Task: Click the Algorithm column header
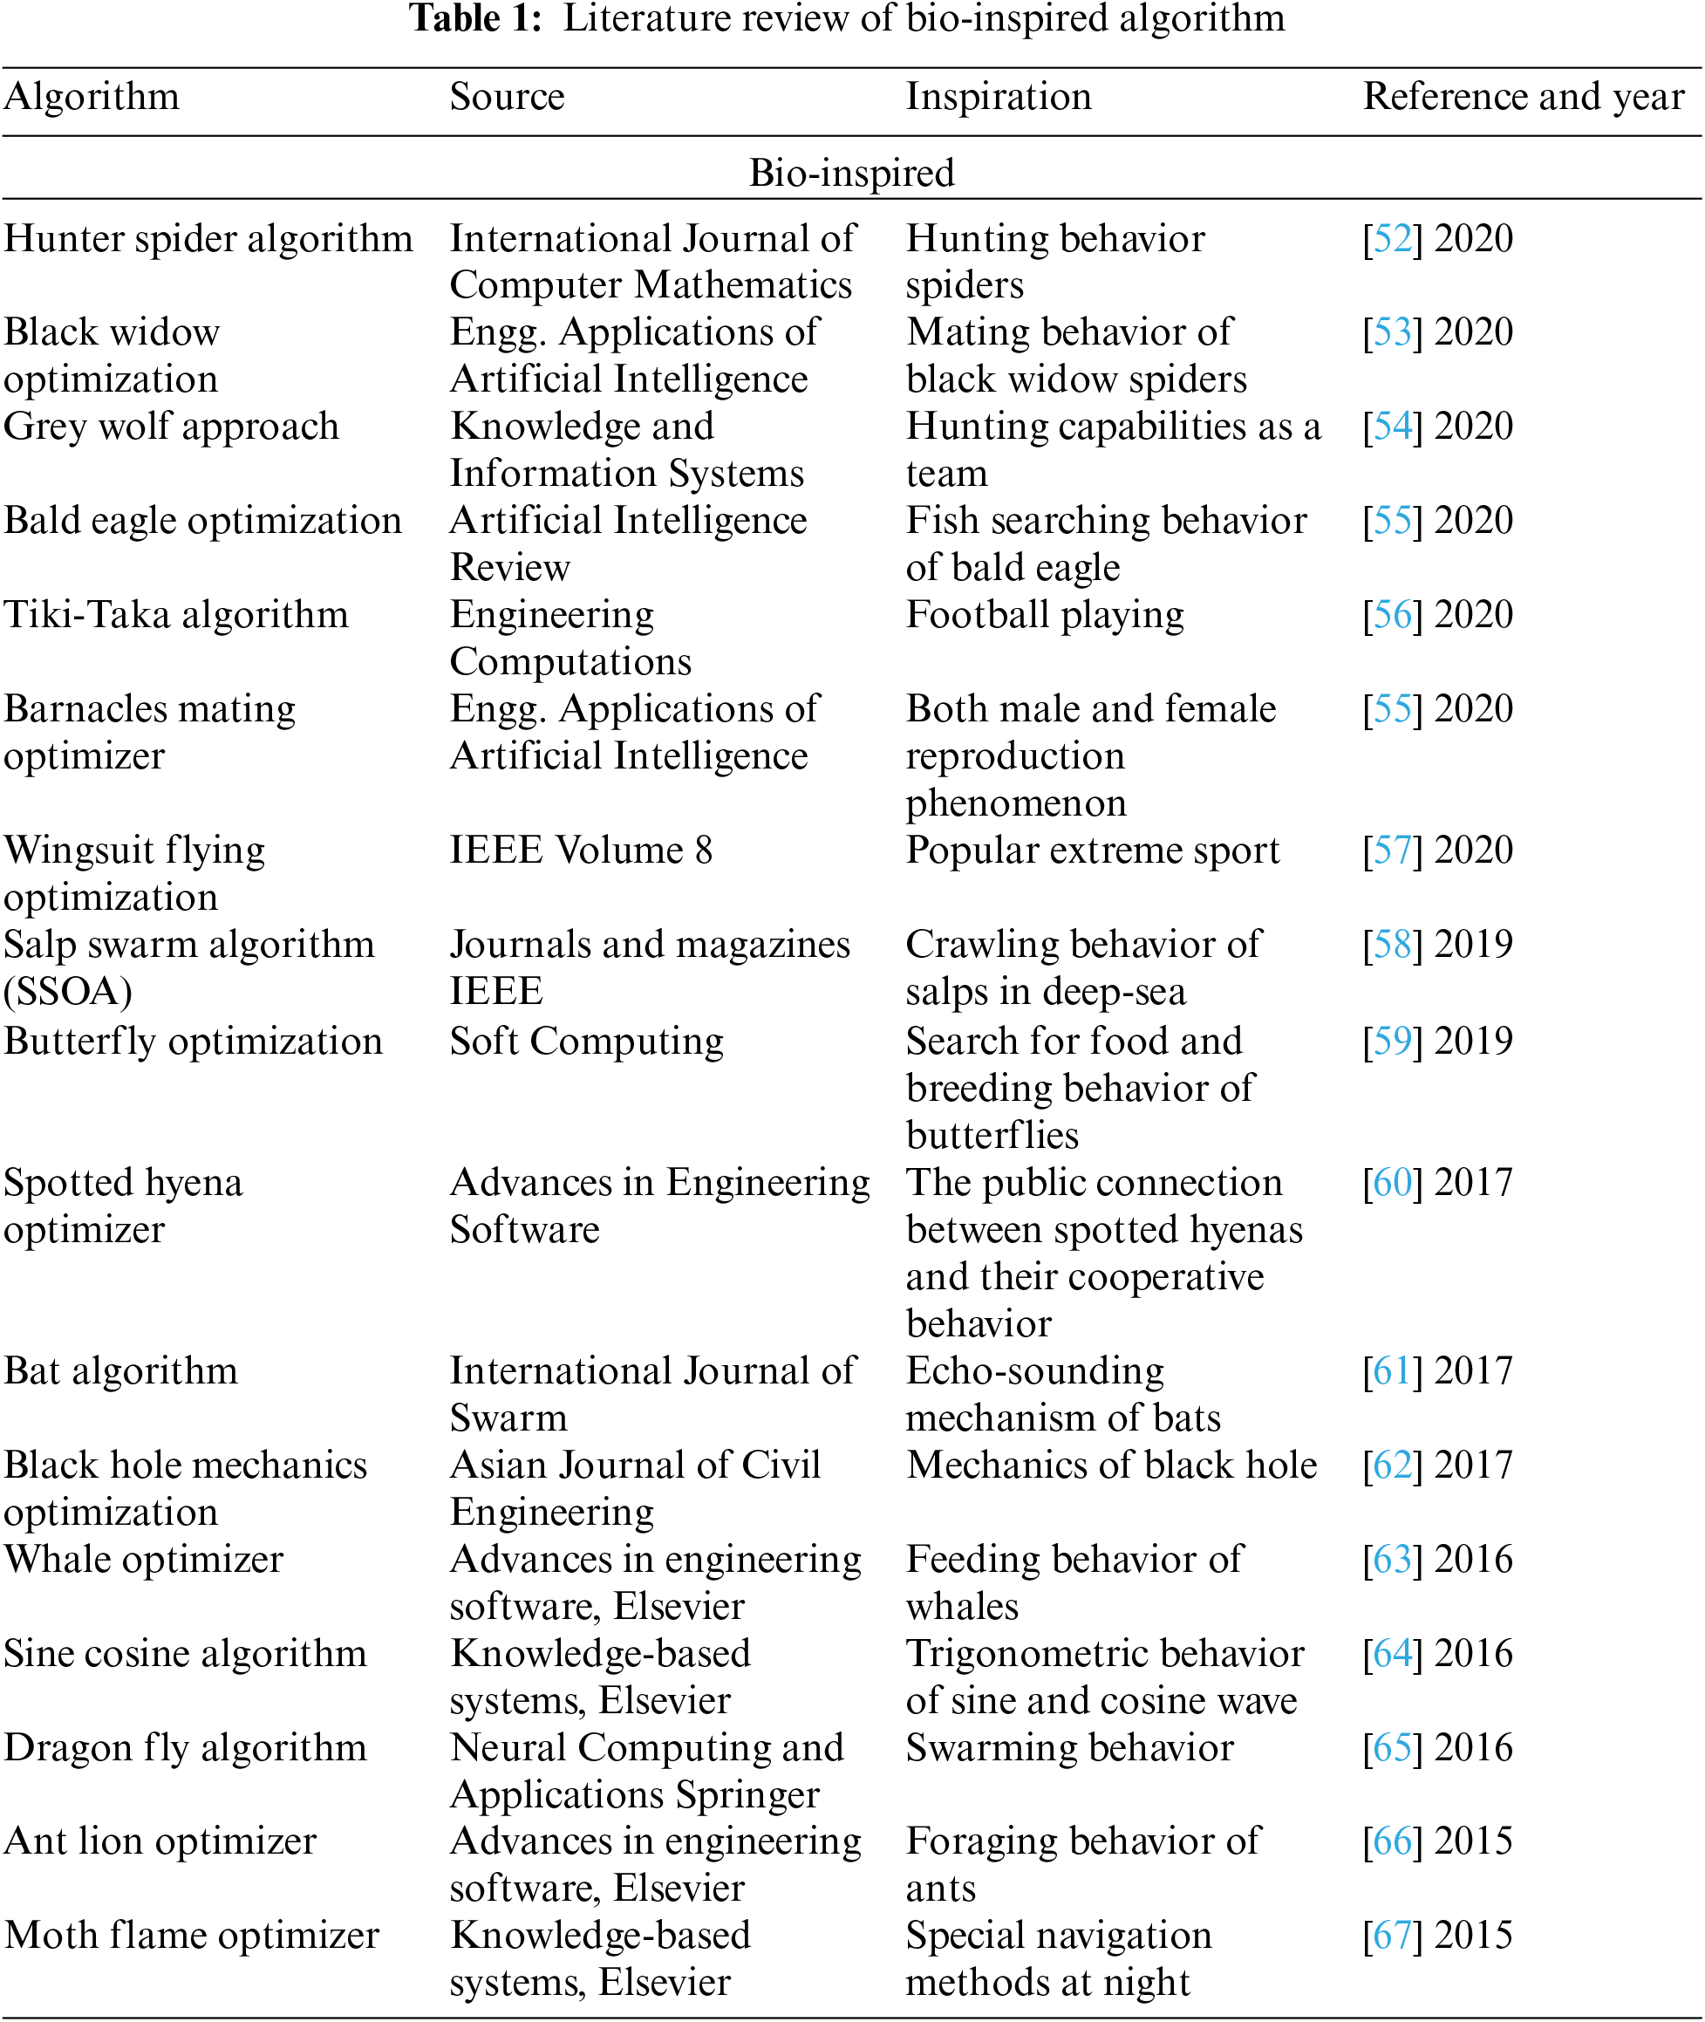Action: (92, 98)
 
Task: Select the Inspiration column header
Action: (999, 98)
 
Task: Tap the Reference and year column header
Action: (1524, 98)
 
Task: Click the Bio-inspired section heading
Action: (851, 173)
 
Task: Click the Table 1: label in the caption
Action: (475, 19)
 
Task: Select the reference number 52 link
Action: (1393, 239)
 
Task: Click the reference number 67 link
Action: (1393, 1935)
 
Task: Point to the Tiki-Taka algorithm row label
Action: (176, 615)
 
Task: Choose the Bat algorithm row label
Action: (121, 1370)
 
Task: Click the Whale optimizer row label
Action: (143, 1559)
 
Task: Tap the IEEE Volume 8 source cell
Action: (581, 850)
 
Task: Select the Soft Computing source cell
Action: (587, 1041)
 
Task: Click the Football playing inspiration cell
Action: (1045, 615)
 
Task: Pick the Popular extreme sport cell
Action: (1092, 850)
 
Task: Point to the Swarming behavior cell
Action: (1070, 1747)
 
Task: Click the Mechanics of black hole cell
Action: (1112, 1465)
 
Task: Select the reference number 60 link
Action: (1393, 1182)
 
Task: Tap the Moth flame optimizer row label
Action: (191, 1935)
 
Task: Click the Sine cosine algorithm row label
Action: (186, 1654)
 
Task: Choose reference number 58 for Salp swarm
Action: (1393, 945)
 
